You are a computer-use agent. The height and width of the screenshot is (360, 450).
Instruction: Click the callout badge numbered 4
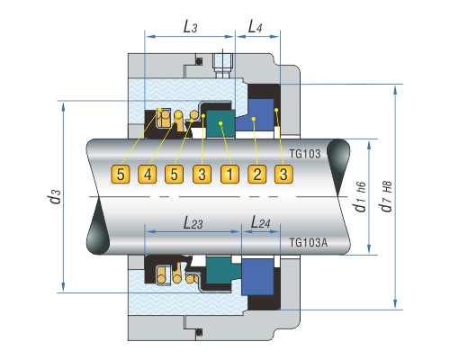coord(148,174)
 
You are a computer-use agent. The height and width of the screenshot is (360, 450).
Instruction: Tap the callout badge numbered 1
coord(229,174)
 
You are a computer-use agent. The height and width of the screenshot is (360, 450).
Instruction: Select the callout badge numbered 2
coord(257,174)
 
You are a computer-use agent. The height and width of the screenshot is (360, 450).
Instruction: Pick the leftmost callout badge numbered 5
coord(121,174)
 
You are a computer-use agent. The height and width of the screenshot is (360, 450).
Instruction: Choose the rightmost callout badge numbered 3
coord(283,174)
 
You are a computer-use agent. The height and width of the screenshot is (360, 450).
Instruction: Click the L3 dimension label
coord(190,27)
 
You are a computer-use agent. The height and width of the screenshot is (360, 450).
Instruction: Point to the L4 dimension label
coord(255,27)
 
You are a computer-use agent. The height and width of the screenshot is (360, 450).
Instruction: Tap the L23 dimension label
coord(193,223)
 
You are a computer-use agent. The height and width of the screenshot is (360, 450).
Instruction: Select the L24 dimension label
coord(260,222)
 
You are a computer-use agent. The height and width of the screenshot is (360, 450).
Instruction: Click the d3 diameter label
coord(55,196)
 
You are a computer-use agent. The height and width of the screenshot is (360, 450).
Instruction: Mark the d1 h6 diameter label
coord(360,197)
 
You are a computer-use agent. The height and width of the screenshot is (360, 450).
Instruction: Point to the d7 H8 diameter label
coord(386,196)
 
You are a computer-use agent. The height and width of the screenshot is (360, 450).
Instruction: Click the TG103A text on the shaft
coord(309,242)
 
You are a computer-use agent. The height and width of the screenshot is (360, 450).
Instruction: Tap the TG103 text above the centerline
coord(305,154)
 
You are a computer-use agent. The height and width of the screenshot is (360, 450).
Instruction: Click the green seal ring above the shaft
coord(220,124)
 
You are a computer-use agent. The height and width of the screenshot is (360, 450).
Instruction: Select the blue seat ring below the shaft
coord(257,277)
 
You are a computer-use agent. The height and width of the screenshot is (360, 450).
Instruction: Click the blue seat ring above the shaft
coord(255,115)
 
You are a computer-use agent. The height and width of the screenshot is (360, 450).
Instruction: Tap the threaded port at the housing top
coord(222,65)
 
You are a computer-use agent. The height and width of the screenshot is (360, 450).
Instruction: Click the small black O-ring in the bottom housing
coord(198,332)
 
